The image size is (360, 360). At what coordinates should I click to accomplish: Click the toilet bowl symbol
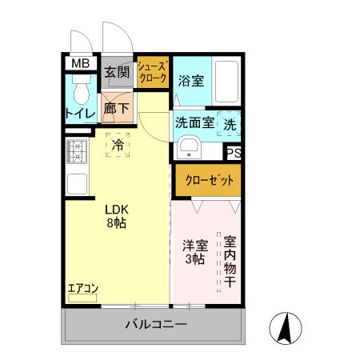pyautogui.click(x=79, y=94)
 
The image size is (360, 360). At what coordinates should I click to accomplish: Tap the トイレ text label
pyautogui.click(x=80, y=114)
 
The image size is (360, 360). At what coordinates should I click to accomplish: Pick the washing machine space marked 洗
pyautogui.click(x=228, y=124)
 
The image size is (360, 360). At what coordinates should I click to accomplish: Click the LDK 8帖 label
pyautogui.click(x=118, y=216)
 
